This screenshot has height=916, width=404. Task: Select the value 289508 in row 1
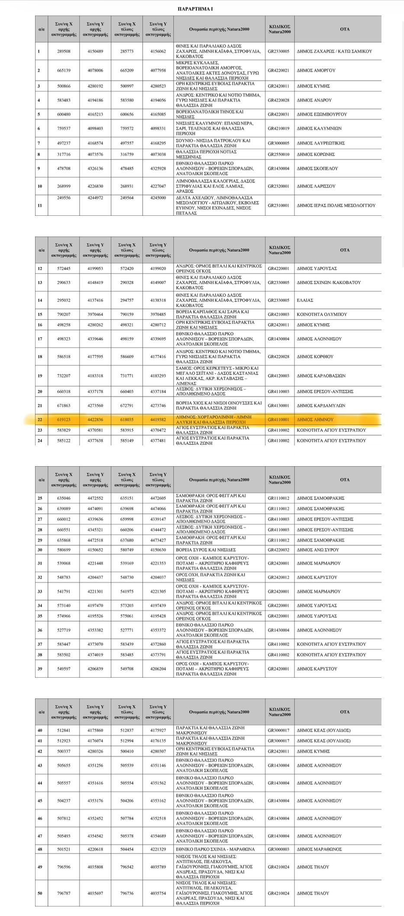[64, 51]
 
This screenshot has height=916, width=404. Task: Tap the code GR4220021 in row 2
[278, 70]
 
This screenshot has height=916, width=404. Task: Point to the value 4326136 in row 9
[95, 169]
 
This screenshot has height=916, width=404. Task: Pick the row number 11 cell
[40, 205]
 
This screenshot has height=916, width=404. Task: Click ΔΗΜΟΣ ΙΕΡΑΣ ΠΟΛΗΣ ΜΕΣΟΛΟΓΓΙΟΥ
[336, 205]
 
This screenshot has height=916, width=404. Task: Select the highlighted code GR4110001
[278, 419]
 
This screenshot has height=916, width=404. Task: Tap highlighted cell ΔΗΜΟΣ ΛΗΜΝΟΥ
[315, 419]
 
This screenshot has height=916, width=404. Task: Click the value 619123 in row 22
[64, 419]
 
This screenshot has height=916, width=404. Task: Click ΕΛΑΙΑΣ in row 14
[305, 300]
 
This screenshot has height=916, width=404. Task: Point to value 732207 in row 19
[64, 376]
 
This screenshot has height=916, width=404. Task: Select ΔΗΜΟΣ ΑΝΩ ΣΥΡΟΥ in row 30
[318, 550]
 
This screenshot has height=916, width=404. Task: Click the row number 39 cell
[40, 669]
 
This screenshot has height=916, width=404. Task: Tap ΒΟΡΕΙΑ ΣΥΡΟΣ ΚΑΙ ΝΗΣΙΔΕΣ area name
[206, 550]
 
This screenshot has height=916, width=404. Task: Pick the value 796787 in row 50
[64, 893]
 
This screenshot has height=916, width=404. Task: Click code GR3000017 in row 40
[278, 730]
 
